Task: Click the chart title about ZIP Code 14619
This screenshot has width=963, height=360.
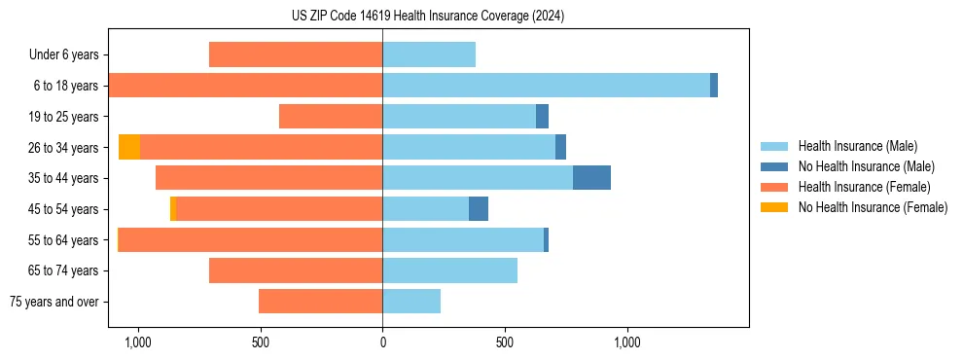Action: click(x=428, y=16)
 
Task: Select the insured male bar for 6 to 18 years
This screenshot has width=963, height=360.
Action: click(x=546, y=86)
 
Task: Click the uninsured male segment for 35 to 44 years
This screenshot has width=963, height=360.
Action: click(x=591, y=178)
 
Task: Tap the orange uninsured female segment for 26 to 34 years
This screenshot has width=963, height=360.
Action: click(x=129, y=147)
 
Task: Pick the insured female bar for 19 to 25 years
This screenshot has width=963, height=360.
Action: click(x=331, y=117)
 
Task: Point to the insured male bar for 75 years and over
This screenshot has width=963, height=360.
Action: click(x=411, y=302)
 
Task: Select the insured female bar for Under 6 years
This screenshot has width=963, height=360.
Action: click(x=296, y=54)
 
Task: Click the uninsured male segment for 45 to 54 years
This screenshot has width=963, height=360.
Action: click(x=479, y=209)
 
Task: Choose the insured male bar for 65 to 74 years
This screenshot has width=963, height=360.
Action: click(x=449, y=270)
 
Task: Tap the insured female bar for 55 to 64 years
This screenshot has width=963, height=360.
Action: click(x=250, y=239)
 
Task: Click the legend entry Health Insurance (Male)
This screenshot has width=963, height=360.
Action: click(x=857, y=146)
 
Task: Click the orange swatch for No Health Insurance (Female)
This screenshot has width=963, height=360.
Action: click(x=775, y=207)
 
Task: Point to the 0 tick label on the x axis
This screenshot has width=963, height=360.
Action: click(x=382, y=342)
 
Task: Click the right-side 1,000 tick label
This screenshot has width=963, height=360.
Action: click(x=626, y=342)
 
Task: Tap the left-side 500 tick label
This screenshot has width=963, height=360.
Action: click(x=260, y=342)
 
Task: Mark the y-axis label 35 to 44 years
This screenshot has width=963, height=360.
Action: click(x=64, y=178)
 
